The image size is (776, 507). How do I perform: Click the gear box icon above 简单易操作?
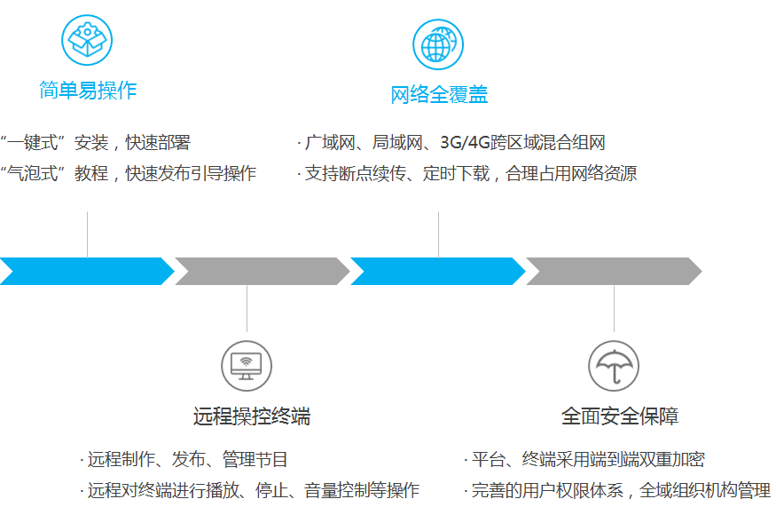[87, 39]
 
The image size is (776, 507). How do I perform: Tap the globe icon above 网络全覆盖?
[438, 44]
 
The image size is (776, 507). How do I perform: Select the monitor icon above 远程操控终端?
[247, 365]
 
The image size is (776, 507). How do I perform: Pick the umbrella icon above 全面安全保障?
[614, 365]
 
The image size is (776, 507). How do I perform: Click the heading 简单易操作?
[88, 90]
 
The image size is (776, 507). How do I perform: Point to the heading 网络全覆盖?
[439, 95]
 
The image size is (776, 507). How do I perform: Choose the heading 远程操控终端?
[252, 416]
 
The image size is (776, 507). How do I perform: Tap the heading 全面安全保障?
[620, 416]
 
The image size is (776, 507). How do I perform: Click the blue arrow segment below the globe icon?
[437, 271]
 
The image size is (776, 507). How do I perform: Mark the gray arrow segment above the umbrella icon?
[613, 271]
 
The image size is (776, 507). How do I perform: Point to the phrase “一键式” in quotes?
[35, 143]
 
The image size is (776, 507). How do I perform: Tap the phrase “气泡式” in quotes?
[35, 173]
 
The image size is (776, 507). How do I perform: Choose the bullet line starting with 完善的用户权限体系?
[617, 490]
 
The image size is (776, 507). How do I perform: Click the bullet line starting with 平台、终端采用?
[584, 460]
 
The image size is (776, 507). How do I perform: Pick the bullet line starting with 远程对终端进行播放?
[250, 490]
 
